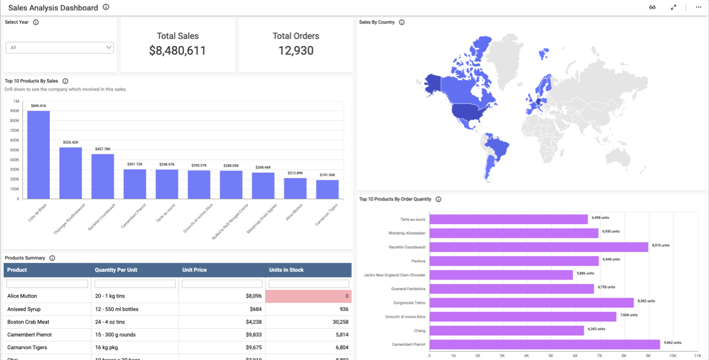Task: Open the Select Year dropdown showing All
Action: [59, 48]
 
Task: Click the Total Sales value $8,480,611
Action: [178, 51]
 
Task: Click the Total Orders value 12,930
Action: [296, 51]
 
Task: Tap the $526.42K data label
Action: [70, 142]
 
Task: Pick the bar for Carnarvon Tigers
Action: [327, 190]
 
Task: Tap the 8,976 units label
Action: [660, 245]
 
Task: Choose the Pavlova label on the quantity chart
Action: [418, 261]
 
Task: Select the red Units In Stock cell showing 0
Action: [309, 296]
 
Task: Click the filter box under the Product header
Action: [47, 284]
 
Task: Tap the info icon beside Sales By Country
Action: [402, 22]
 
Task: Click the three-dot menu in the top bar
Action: [698, 8]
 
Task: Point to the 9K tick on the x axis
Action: [648, 356]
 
